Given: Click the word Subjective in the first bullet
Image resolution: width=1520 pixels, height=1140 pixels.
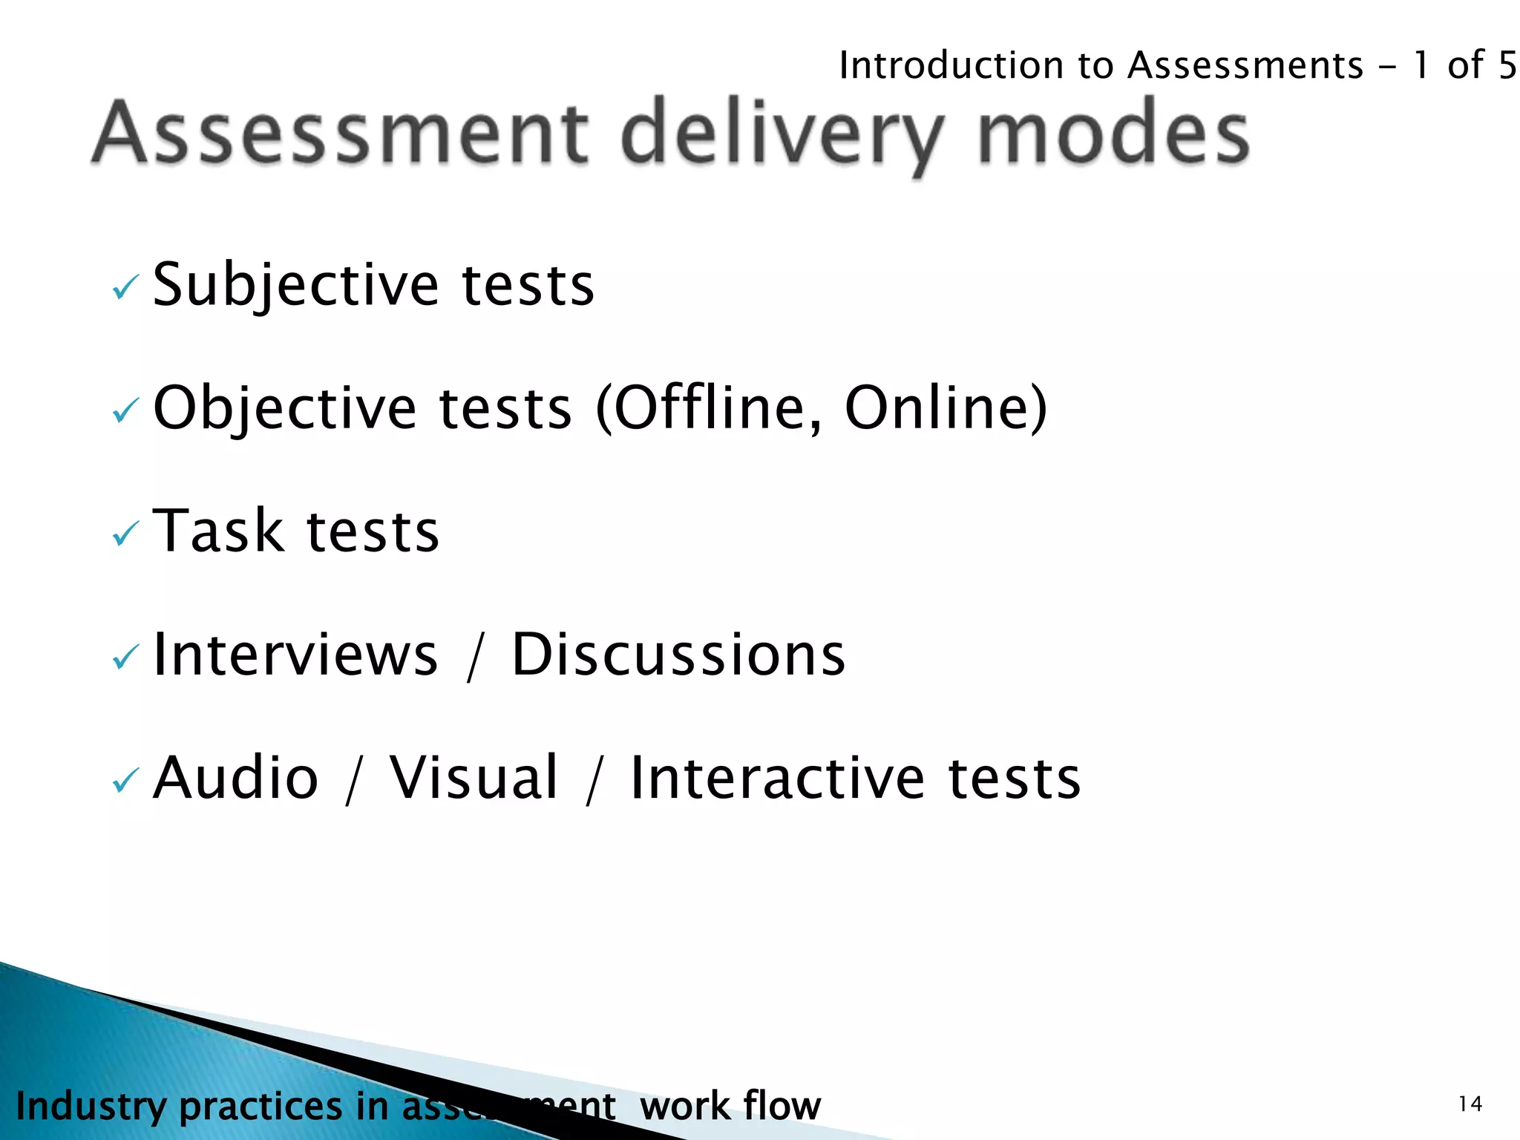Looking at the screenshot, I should coord(295,285).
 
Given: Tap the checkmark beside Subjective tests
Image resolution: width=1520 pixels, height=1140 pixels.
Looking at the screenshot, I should coord(125,287).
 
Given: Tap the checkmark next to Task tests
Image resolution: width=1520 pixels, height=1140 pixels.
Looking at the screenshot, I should coord(125,534).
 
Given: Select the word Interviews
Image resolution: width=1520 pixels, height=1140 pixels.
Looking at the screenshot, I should coord(295,655).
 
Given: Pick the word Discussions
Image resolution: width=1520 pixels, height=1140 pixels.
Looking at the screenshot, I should coord(678,655).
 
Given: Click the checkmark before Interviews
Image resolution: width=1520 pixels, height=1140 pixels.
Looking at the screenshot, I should coord(125,657).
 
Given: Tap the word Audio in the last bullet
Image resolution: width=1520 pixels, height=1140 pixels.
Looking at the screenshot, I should coord(236,778).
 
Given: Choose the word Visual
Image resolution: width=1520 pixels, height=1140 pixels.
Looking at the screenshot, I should coord(474,778).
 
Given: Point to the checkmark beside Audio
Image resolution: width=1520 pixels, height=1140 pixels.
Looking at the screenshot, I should coord(125,780).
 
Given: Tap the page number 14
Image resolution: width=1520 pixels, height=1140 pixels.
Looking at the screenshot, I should coord(1470,1104).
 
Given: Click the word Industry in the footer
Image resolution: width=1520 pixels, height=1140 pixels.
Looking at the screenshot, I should coord(91,1106).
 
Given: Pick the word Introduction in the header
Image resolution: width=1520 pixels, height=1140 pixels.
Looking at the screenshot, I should coord(951,65).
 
